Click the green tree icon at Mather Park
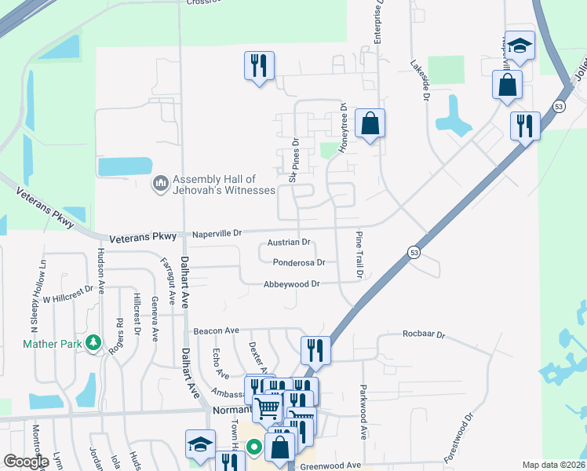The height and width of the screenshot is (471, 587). tap(93, 343)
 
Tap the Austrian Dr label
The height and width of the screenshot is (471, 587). tap(289, 243)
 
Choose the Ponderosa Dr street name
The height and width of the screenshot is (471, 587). tap(299, 263)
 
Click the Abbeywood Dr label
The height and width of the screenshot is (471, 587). tap(292, 284)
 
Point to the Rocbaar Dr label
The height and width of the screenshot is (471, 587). tap(424, 335)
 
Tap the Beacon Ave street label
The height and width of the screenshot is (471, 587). tap(216, 331)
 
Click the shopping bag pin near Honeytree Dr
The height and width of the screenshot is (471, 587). tap(370, 124)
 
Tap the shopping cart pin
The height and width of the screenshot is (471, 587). tap(268, 407)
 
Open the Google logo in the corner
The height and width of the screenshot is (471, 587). tap(25, 462)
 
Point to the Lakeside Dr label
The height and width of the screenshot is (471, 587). tap(420, 80)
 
